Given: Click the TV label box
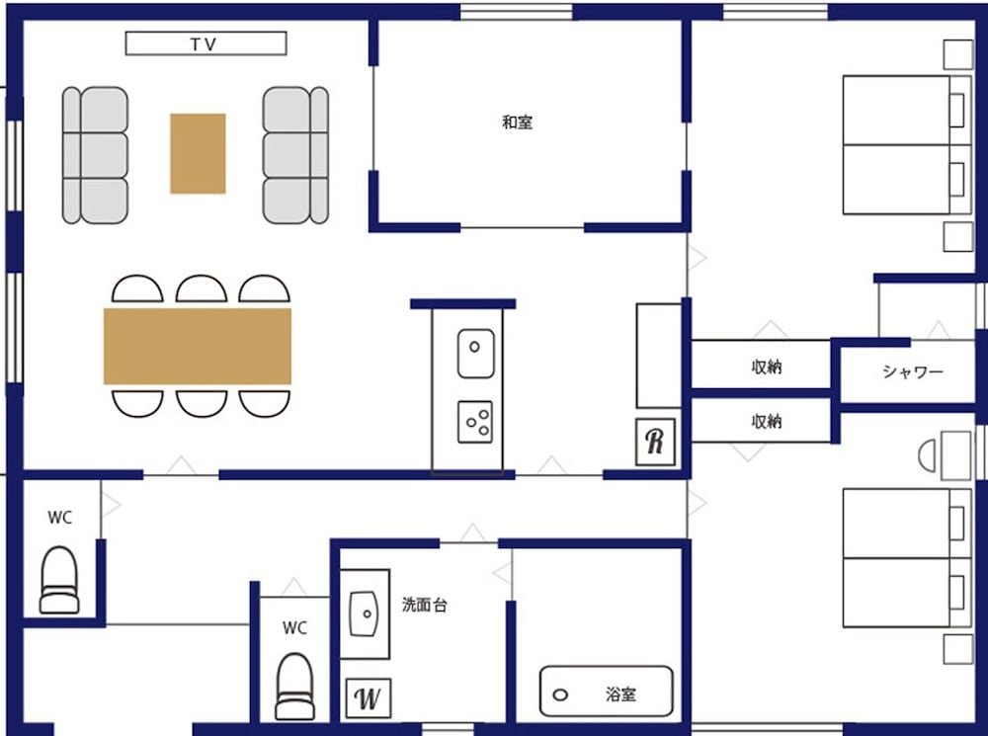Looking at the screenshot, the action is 206,43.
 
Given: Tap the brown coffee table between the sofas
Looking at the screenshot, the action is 198,153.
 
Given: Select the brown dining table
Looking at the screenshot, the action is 198,346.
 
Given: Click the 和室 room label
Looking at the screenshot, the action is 518,123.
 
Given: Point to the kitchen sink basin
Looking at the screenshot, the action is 476,353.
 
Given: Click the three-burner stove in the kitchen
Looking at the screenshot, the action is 475,422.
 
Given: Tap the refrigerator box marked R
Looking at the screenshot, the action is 655,442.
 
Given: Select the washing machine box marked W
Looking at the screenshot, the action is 369,698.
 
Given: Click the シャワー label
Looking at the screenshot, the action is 912,371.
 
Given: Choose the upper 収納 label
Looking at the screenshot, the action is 767,367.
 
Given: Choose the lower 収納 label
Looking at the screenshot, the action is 767,421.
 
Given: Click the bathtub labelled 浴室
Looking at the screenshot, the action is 607,692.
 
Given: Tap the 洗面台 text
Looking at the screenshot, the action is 425,605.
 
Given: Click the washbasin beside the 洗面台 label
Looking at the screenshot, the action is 365,613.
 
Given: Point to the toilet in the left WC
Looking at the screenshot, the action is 60,580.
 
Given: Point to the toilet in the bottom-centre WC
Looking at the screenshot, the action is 295,687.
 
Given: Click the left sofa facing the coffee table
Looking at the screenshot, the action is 95,155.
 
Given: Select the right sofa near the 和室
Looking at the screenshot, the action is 295,155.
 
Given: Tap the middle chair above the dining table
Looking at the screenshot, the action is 202,289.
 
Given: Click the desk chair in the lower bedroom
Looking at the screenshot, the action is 928,455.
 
